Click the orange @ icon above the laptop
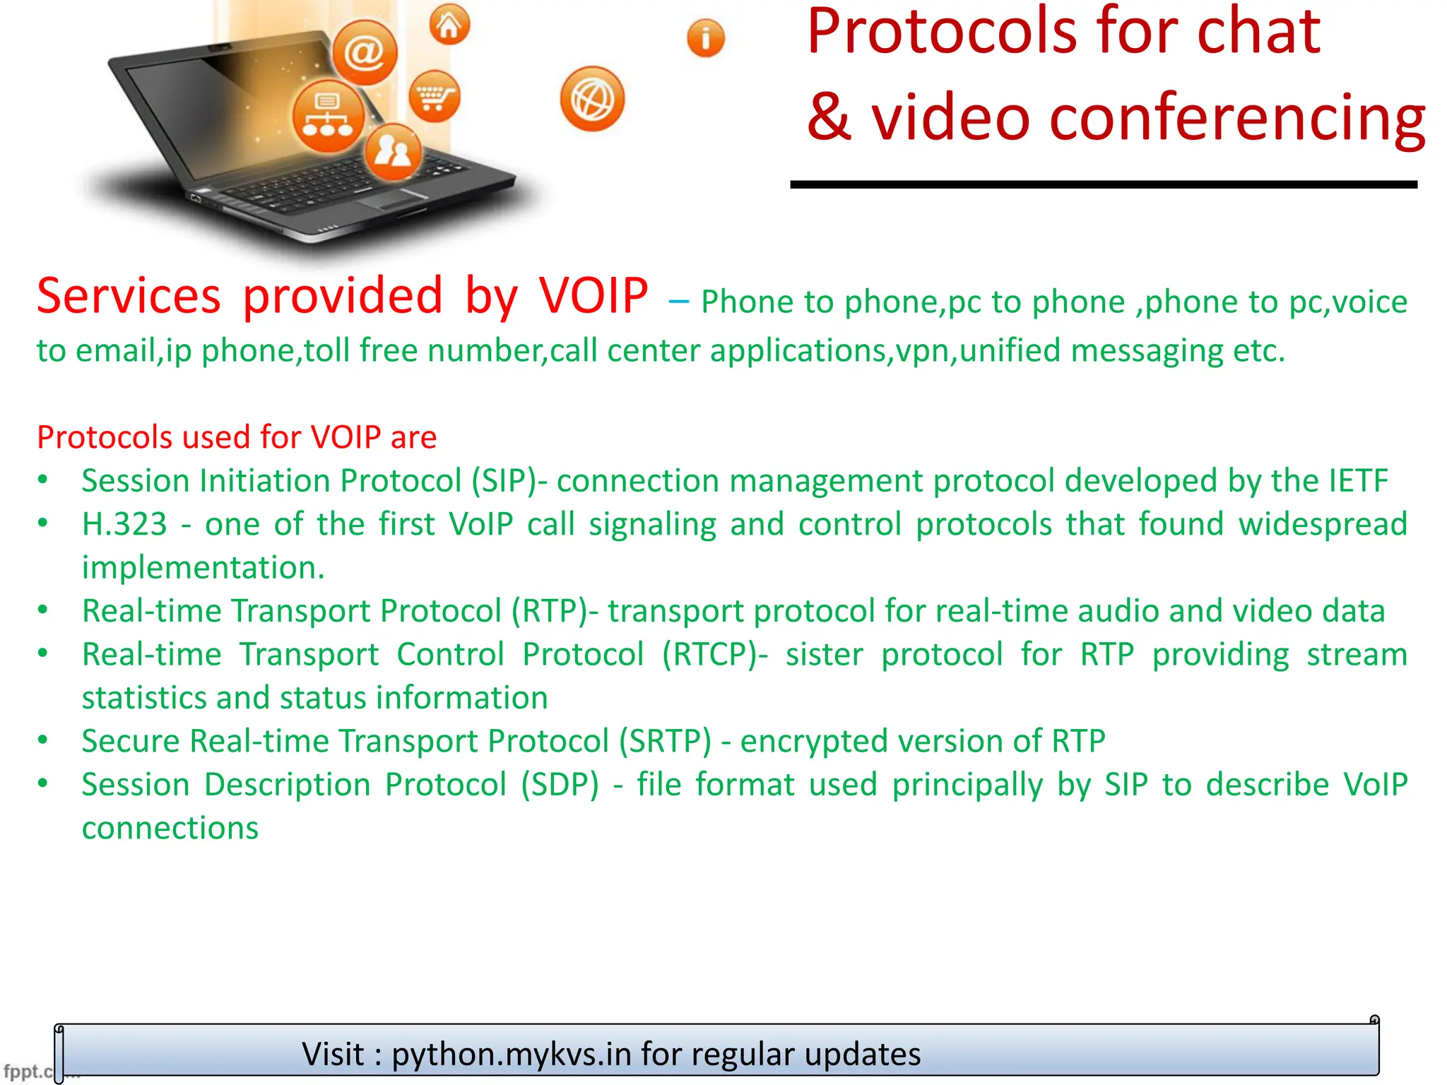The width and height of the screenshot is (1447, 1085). click(365, 52)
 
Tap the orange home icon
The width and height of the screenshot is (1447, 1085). click(449, 25)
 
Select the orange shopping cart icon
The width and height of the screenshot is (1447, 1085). click(434, 97)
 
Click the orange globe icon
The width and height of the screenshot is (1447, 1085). click(592, 100)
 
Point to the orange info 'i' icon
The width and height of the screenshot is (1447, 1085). click(705, 37)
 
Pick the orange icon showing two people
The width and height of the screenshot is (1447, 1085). click(393, 151)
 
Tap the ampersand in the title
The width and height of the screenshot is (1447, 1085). click(829, 117)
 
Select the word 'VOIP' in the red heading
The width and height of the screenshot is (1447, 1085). click(593, 296)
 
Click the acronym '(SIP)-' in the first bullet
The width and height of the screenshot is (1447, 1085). click(509, 481)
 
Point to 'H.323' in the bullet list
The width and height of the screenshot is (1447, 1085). click(124, 524)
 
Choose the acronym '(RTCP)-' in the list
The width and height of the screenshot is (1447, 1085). click(714, 654)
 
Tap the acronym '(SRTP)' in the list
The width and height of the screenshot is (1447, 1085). click(665, 741)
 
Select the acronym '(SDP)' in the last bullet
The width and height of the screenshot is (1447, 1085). click(560, 785)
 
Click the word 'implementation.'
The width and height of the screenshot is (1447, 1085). click(203, 568)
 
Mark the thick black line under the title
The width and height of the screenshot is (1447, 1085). click(1103, 184)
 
